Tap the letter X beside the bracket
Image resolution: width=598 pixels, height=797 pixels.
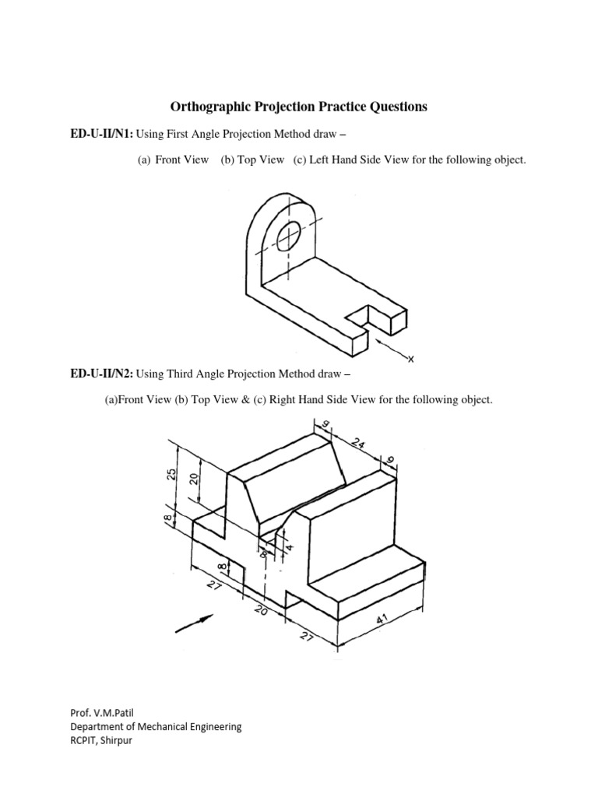pyautogui.click(x=411, y=359)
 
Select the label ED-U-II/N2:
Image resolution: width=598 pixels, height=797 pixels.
pyautogui.click(x=101, y=374)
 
